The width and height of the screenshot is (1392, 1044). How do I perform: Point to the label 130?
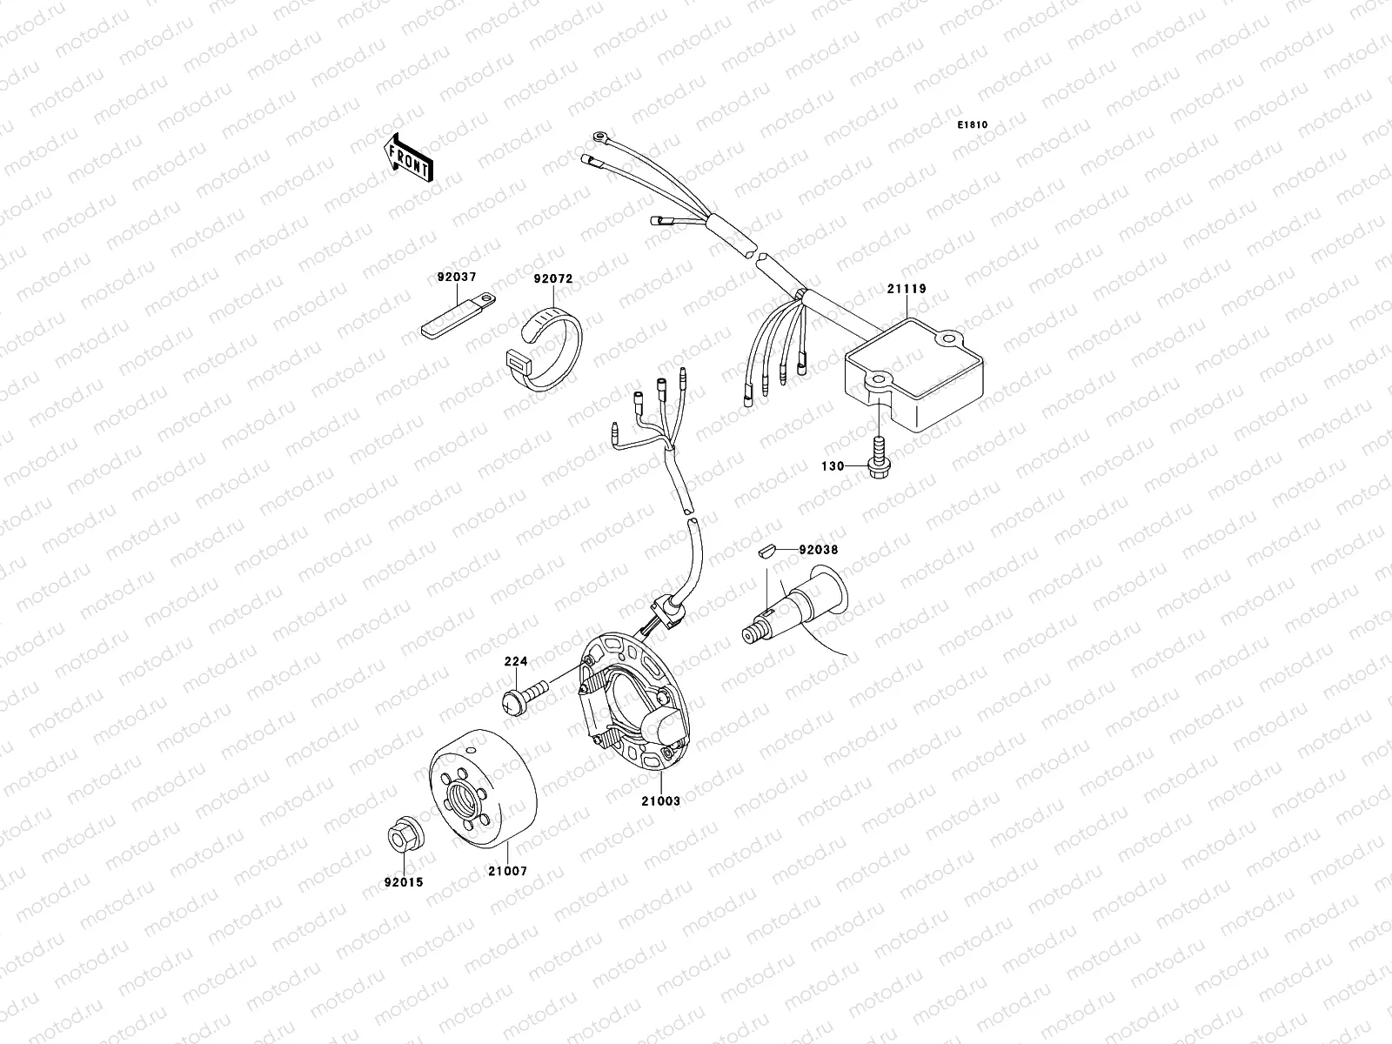coord(833,466)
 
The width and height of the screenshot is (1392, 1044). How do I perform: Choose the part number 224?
coord(516,661)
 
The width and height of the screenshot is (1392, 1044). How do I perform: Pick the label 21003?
coord(661,800)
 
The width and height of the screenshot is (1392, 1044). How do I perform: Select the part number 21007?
coord(507,870)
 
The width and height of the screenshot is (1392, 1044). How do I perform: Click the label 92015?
coord(404,882)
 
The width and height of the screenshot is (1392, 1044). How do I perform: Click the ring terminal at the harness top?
coord(599,137)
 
